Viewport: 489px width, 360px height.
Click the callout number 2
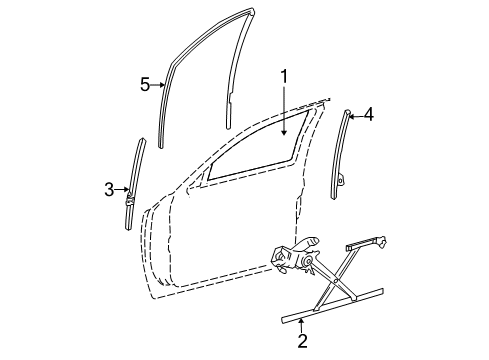[x=301, y=341]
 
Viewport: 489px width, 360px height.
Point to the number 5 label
[x=145, y=85]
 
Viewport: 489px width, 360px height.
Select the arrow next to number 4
[x=353, y=115]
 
